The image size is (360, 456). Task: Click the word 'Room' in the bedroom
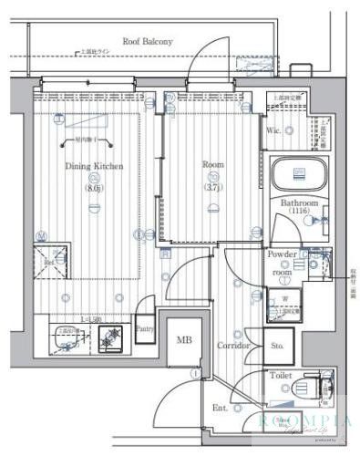click(x=212, y=165)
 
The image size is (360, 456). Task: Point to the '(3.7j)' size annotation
click(x=212, y=188)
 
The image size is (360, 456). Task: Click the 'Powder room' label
click(x=283, y=264)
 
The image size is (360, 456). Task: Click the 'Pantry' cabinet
click(x=144, y=328)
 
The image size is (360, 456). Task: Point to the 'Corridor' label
click(x=233, y=347)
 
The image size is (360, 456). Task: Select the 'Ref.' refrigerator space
click(x=51, y=259)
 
